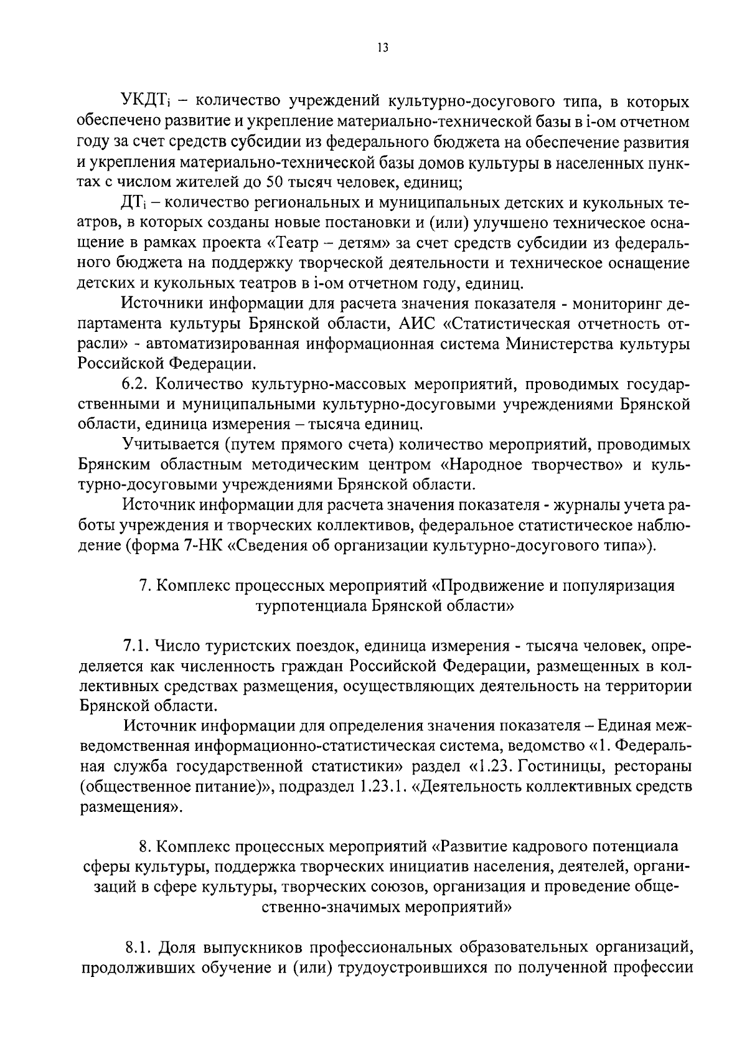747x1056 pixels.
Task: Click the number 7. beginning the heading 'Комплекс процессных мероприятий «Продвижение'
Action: click(x=143, y=586)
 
